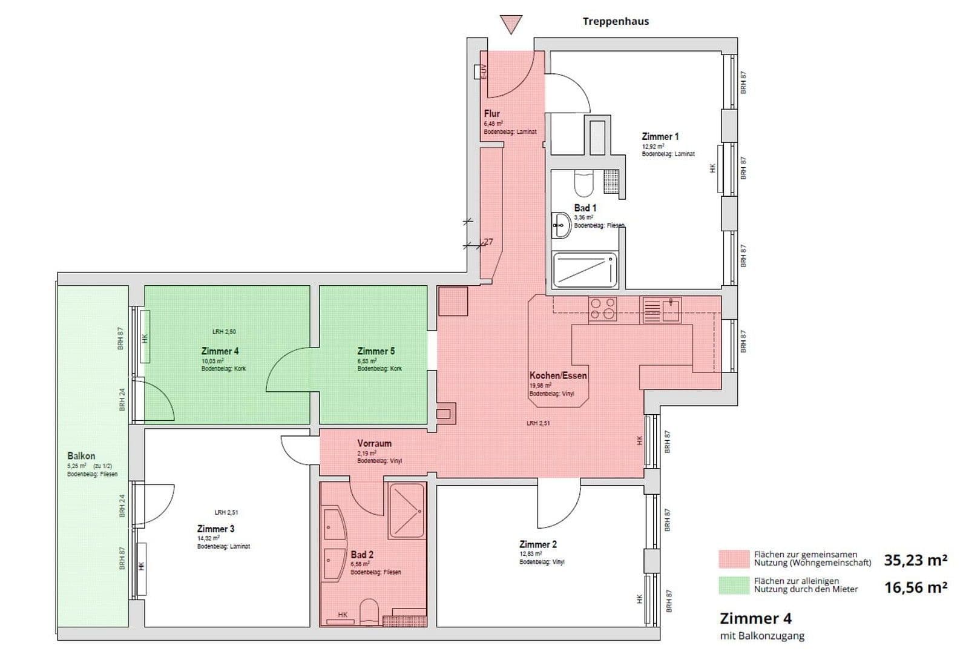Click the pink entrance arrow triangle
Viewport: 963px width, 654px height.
pyautogui.click(x=511, y=24)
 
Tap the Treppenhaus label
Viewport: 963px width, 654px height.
pyautogui.click(x=616, y=21)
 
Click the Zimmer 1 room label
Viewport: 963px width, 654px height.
pyautogui.click(x=660, y=137)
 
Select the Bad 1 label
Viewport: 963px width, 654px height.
pyautogui.click(x=585, y=208)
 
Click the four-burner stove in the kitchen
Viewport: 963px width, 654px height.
pyautogui.click(x=603, y=309)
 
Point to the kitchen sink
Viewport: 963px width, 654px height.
pyautogui.click(x=663, y=309)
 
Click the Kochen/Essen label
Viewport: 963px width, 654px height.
pyautogui.click(x=557, y=375)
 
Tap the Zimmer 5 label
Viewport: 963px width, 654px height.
pyautogui.click(x=376, y=351)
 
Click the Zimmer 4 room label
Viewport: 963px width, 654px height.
pyautogui.click(x=220, y=351)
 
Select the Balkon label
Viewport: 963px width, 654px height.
pyautogui.click(x=81, y=456)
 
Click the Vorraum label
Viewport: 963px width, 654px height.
pyautogui.click(x=374, y=443)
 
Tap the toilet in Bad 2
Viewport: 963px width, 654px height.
pyautogui.click(x=369, y=612)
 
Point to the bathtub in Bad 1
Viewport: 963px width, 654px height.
pyautogui.click(x=585, y=270)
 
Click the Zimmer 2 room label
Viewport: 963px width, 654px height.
pyautogui.click(x=538, y=544)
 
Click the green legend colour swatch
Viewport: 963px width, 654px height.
pyautogui.click(x=733, y=584)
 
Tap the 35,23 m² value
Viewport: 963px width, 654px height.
pyautogui.click(x=915, y=560)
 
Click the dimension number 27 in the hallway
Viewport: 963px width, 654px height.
pyautogui.click(x=488, y=242)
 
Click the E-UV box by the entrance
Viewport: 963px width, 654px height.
pyautogui.click(x=479, y=71)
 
